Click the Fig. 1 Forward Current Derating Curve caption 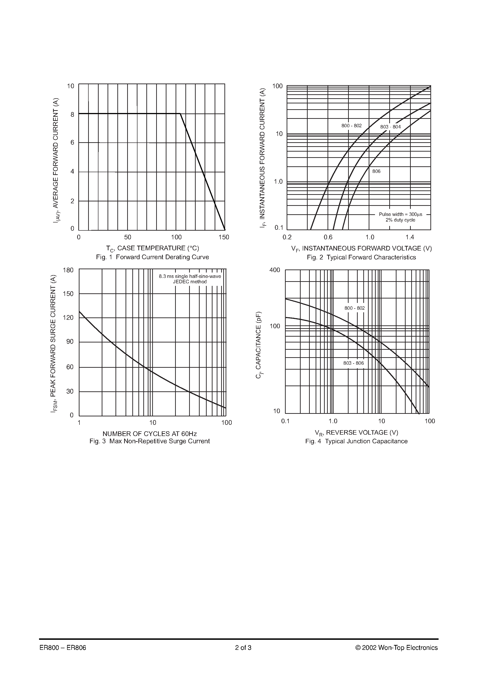[152, 257]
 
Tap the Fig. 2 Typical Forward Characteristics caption [361, 257]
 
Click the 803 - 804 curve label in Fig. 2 [390, 127]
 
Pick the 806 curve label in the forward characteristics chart [376, 171]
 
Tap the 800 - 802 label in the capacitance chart [354, 308]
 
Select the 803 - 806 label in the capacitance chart [353, 363]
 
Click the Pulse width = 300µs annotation [400, 214]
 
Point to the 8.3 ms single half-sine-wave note [190, 276]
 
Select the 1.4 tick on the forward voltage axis [410, 237]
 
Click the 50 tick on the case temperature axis [127, 237]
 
